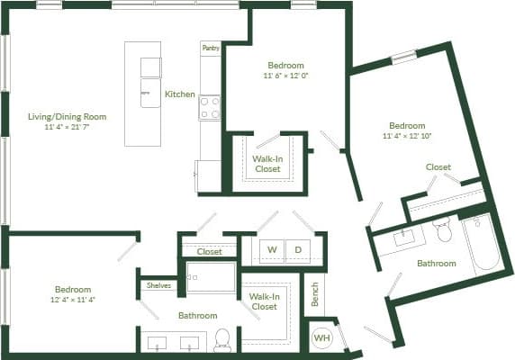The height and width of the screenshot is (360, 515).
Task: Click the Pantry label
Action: (x=210, y=48)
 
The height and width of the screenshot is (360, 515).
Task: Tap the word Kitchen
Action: (x=179, y=94)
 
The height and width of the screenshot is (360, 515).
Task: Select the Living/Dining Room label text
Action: (x=67, y=116)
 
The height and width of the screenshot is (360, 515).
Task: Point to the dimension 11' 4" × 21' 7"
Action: (x=67, y=128)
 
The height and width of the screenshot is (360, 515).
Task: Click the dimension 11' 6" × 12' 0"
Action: (x=285, y=76)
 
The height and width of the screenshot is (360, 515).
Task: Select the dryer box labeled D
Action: (x=298, y=248)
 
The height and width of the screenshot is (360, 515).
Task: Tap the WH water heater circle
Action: (x=321, y=338)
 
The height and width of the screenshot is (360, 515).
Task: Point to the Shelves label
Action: (x=158, y=285)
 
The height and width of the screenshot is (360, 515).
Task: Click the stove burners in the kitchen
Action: (x=209, y=108)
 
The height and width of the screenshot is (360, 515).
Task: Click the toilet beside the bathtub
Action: (x=441, y=231)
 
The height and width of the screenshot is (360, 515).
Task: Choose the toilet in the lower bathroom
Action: (x=222, y=341)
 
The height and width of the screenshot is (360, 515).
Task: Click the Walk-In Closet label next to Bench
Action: (x=264, y=301)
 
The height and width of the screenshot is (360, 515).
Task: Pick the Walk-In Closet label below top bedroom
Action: (x=267, y=163)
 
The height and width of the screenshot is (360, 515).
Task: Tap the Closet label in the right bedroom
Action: (x=438, y=166)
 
